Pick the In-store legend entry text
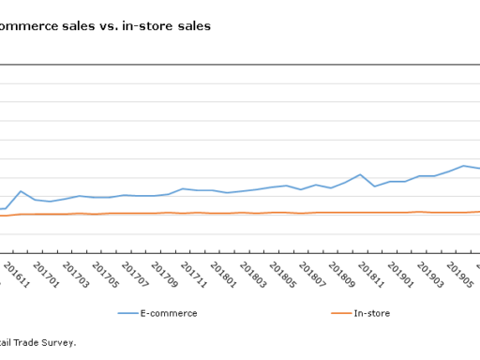pos(371,313)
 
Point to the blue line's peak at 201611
pos(21,191)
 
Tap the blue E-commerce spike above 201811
pos(360,174)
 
